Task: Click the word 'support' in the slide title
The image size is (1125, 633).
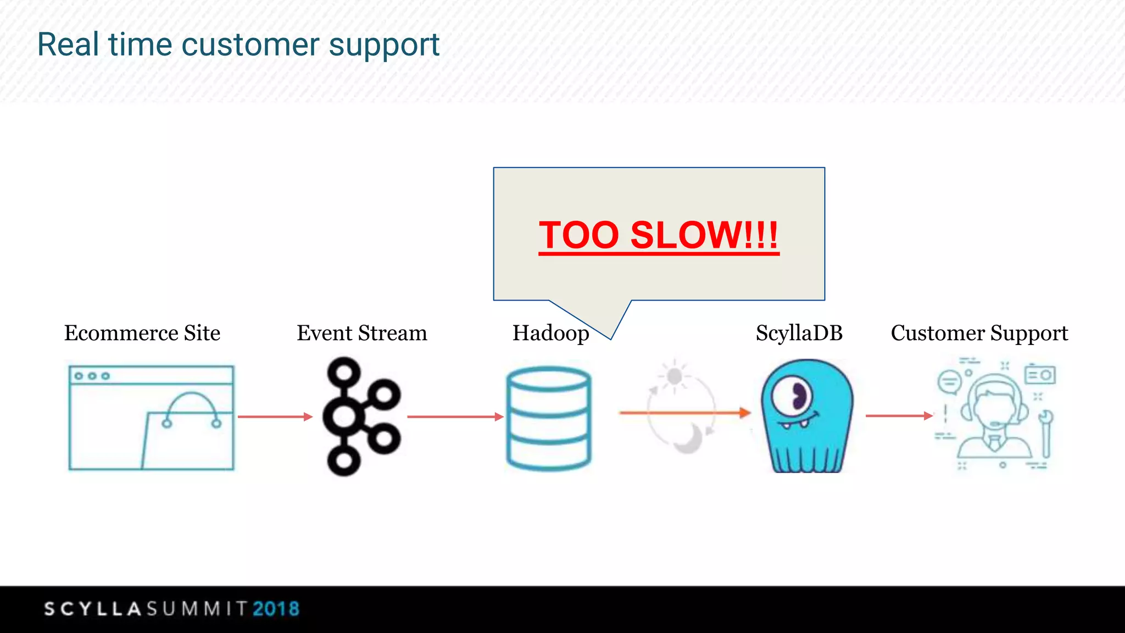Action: tap(384, 45)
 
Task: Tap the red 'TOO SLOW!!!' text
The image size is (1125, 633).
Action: tap(658, 235)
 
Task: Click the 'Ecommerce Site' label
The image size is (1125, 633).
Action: tap(142, 333)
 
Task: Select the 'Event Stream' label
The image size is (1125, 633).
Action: tap(362, 333)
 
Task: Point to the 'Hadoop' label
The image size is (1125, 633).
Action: tap(550, 333)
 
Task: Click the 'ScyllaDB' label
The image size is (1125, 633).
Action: tap(799, 333)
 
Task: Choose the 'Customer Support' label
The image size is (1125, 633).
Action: tap(979, 333)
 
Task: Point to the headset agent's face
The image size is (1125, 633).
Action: tap(993, 407)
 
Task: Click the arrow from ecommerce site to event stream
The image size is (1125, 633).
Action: tap(275, 417)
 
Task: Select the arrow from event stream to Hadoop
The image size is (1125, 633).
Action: tap(455, 417)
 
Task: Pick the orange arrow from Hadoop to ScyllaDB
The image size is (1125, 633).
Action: tap(684, 412)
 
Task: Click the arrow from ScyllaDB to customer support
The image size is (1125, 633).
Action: tap(899, 416)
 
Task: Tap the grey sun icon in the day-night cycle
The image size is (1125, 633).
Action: tap(674, 376)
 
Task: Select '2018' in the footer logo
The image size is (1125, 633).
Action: tap(276, 609)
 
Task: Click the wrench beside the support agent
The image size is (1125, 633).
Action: tap(1046, 434)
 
